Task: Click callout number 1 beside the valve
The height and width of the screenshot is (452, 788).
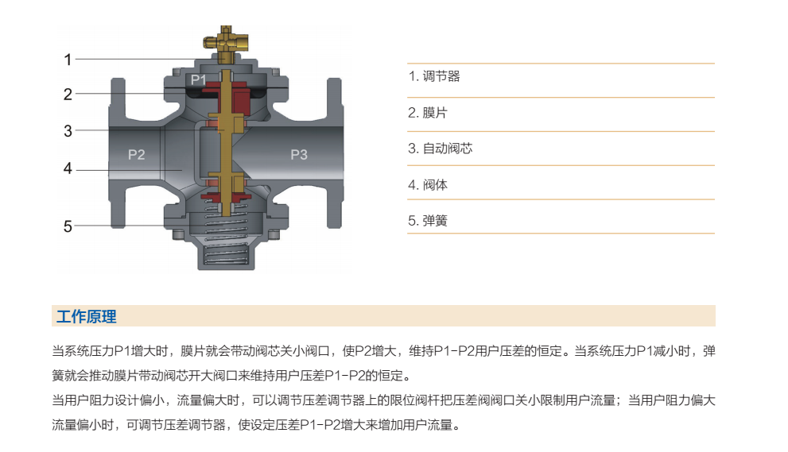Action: point(68,60)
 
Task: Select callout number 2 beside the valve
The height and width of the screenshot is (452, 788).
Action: point(68,94)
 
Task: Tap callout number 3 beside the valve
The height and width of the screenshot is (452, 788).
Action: point(68,131)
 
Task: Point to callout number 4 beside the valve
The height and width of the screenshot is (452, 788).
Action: point(68,168)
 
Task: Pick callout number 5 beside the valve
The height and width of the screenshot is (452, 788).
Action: point(68,226)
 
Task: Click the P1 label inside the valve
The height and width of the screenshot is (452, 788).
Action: point(199,79)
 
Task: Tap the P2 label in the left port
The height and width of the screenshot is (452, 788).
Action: point(136,154)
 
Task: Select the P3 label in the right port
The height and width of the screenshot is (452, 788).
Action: point(298,154)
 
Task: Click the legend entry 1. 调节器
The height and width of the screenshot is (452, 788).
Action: point(433,76)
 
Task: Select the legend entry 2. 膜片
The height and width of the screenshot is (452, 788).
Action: point(427,113)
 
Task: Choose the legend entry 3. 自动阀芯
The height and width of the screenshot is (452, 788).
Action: point(441,149)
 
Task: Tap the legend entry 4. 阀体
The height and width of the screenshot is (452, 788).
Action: point(427,185)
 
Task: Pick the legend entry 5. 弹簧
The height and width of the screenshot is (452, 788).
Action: point(427,221)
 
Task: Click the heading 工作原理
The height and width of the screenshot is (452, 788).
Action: point(87,316)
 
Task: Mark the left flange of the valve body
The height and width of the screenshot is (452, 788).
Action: point(118,153)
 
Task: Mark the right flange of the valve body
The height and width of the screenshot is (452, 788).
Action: point(336,153)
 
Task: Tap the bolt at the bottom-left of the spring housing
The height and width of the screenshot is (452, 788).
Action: point(178,234)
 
